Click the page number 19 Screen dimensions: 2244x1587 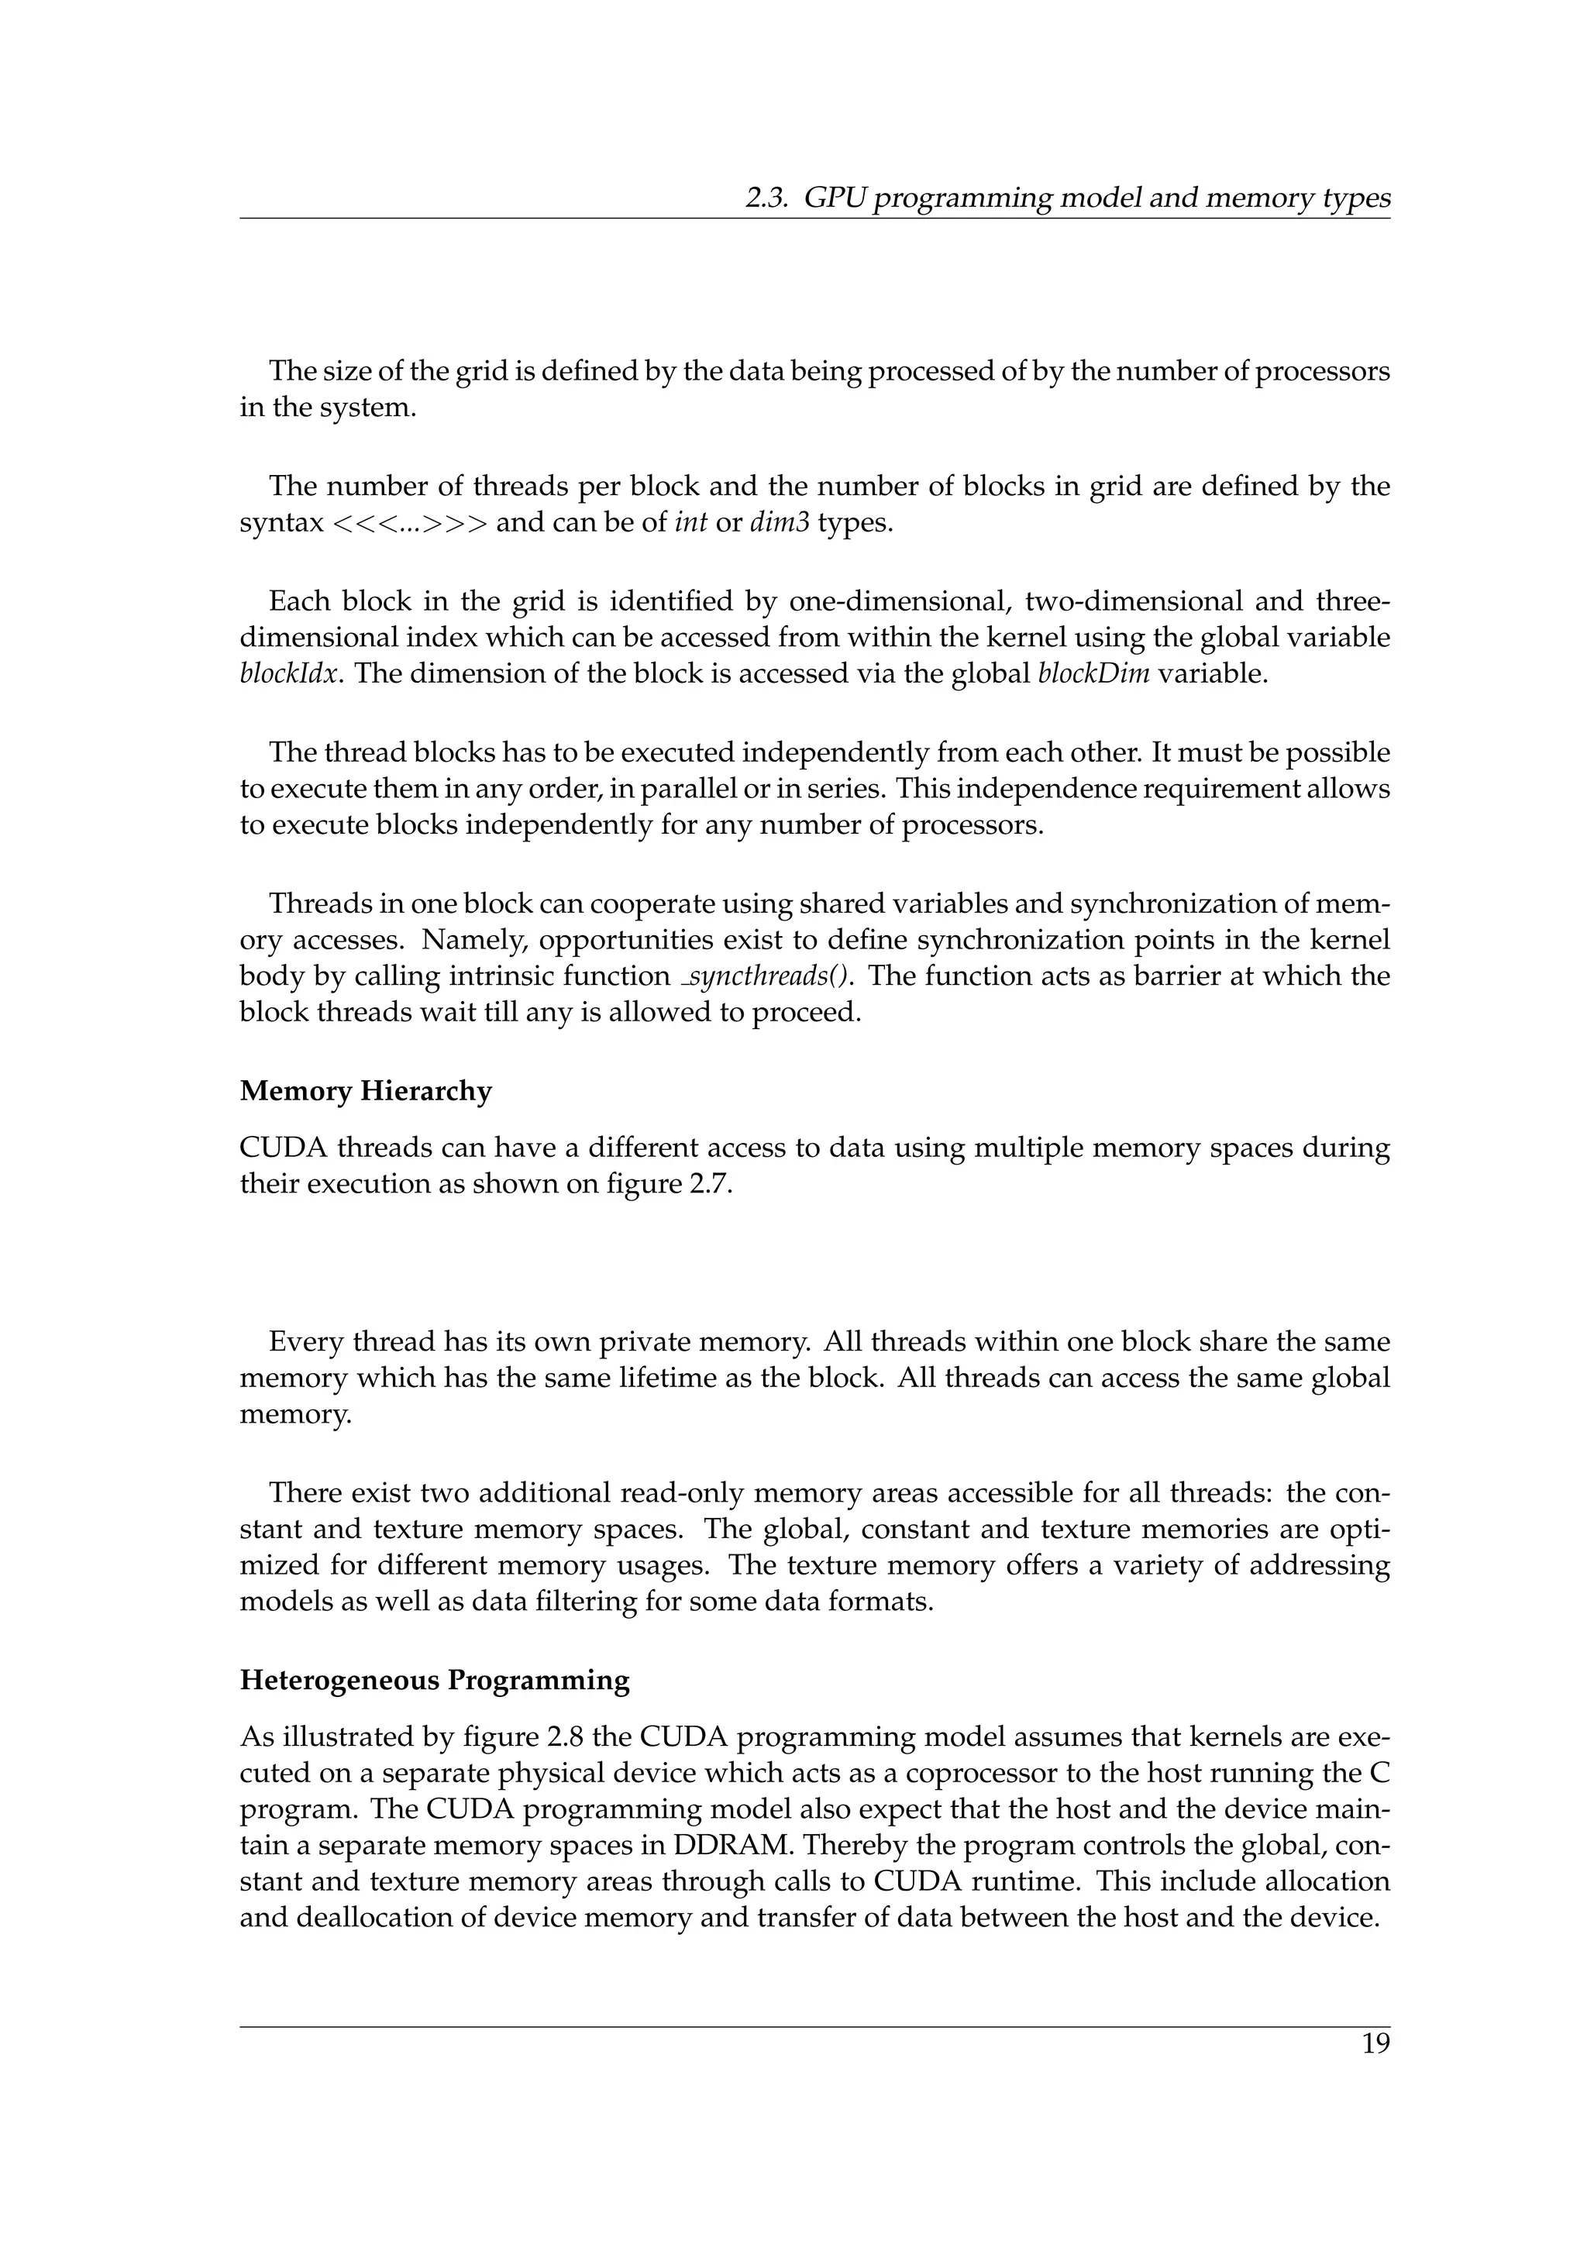coord(1375,2043)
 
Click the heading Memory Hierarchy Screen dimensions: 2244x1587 coord(366,1091)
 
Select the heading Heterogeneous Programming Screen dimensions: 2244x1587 coord(435,1680)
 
